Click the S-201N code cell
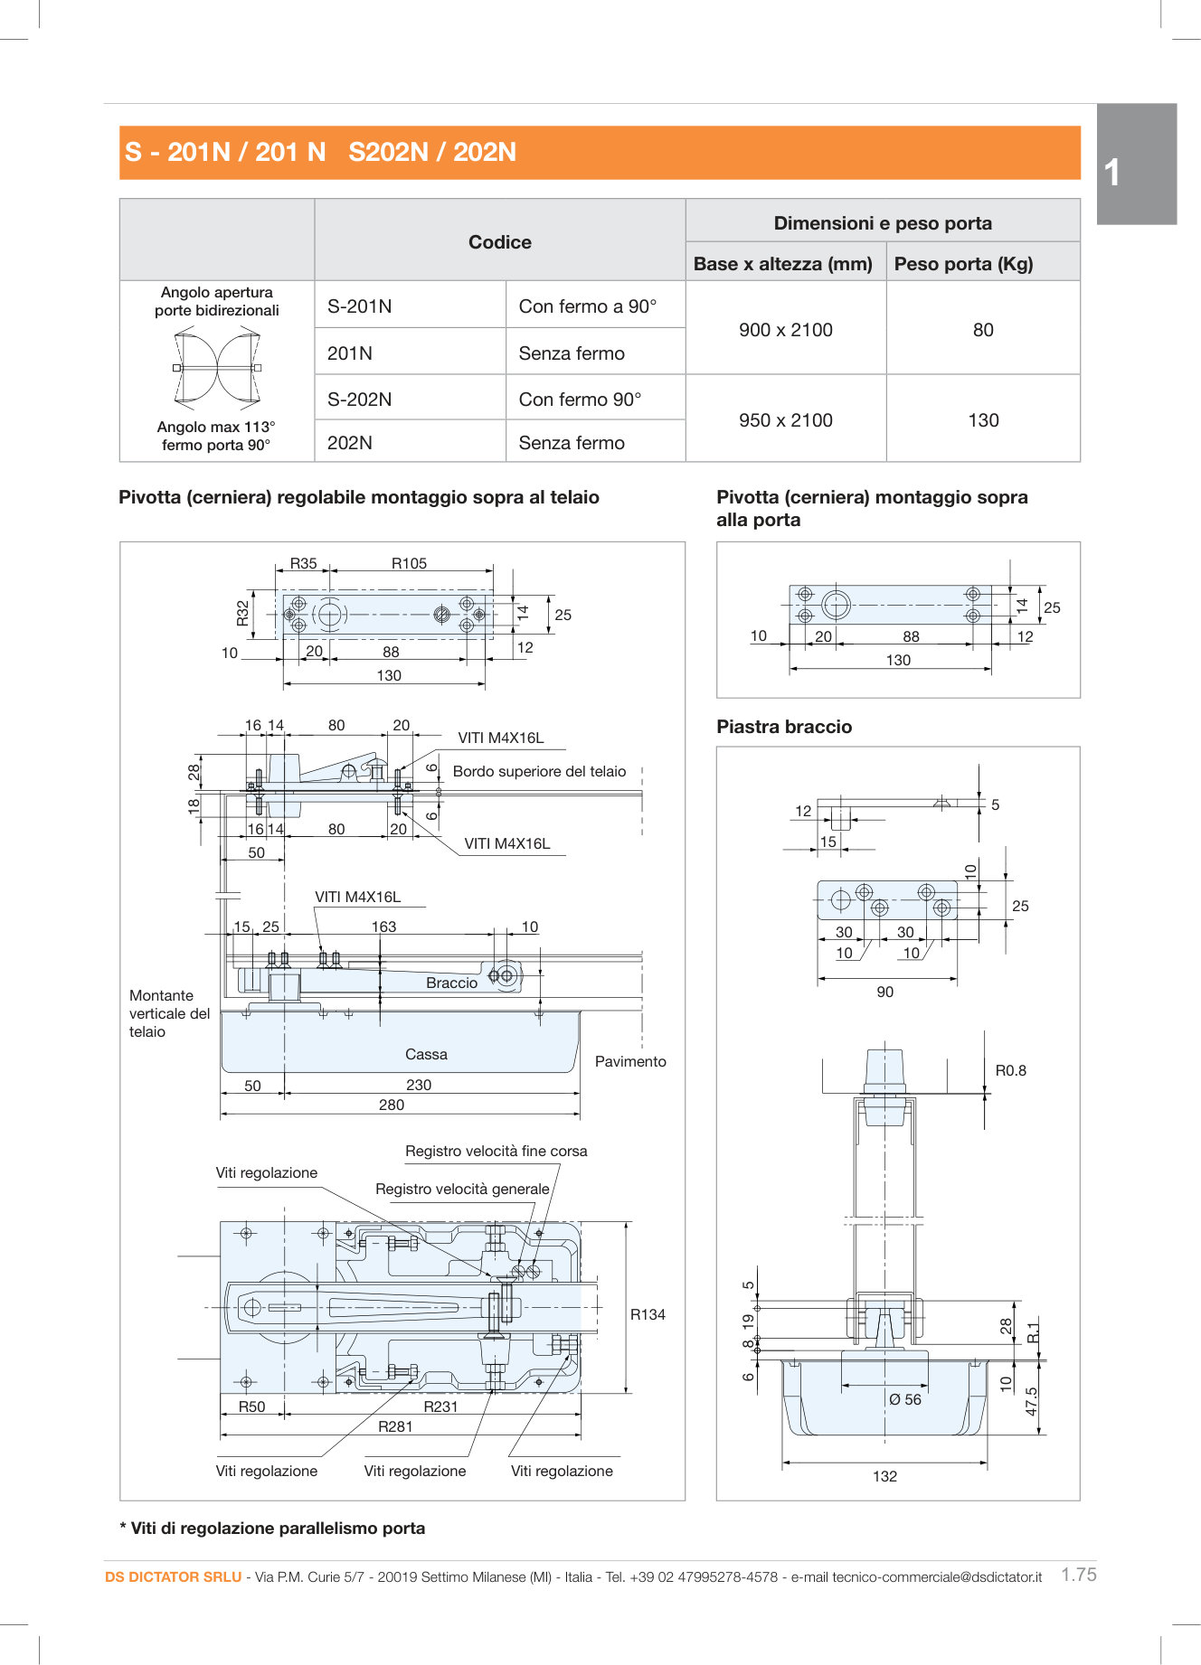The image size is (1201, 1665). coord(360,306)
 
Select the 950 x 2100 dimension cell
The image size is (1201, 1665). coord(785,420)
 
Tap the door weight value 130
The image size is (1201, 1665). coord(983,420)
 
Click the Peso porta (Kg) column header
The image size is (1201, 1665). coord(963,264)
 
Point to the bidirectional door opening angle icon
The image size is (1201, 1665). coord(217,368)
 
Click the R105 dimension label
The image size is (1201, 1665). coord(409,563)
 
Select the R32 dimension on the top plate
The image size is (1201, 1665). coord(242,614)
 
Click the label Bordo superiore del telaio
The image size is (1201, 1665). coord(539,771)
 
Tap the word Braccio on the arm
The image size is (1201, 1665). coord(451,983)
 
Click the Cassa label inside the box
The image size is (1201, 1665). coord(426,1054)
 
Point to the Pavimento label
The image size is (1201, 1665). coord(630,1061)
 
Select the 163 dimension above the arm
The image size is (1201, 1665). coord(383,927)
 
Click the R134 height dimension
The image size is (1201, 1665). coord(648,1314)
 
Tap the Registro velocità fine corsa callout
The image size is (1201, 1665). coord(496,1151)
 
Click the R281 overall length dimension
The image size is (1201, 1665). coord(395,1426)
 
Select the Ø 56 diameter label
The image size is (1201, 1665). coord(904,1399)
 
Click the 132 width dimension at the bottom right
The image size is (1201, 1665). coord(884,1476)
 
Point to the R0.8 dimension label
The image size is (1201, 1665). coord(1010,1070)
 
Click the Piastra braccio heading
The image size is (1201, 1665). coord(784,727)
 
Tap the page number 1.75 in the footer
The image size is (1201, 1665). coord(1078,1575)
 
